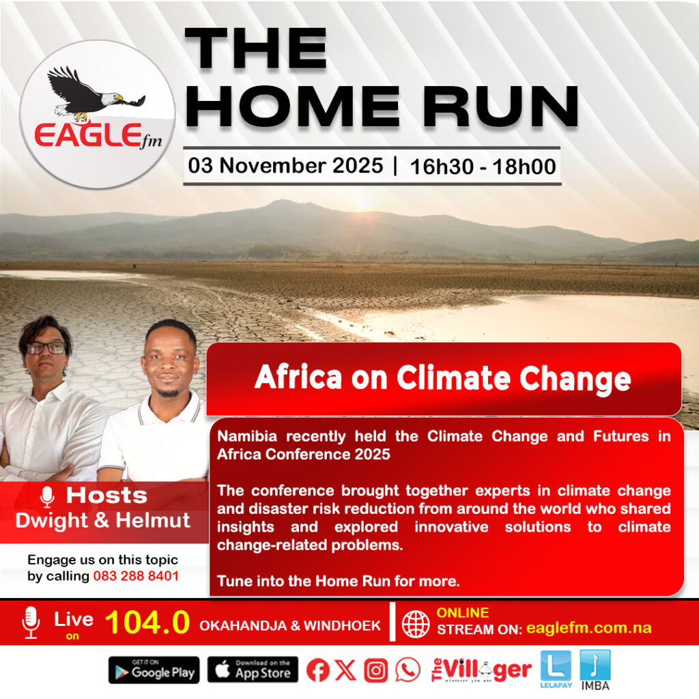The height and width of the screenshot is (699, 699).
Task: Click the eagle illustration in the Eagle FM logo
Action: [96, 94]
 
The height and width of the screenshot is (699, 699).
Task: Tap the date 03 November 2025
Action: [285, 165]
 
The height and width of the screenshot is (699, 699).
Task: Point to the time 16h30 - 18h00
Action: [483, 167]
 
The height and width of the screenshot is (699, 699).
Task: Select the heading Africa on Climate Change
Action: [442, 378]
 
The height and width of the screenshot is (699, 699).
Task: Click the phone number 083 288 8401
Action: [136, 576]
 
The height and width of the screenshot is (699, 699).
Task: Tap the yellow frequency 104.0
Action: [147, 622]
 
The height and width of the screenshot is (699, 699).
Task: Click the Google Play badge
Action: [154, 670]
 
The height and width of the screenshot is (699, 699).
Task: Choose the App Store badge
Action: [253, 670]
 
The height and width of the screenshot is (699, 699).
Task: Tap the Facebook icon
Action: [318, 670]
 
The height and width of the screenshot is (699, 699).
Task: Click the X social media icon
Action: [345, 670]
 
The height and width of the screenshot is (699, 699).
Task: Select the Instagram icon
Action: [376, 670]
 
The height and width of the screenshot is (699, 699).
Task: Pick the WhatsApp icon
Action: [408, 670]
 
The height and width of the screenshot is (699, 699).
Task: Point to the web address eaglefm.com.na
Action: [589, 628]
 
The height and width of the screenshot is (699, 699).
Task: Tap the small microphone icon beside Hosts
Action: [47, 497]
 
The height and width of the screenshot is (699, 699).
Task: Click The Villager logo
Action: [481, 670]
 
